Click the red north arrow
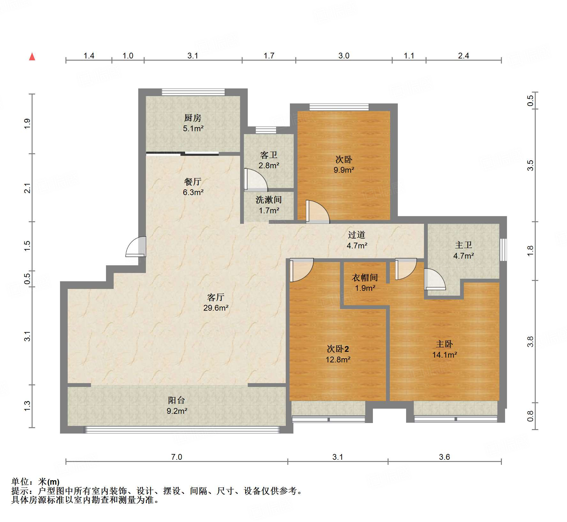pos(32,57)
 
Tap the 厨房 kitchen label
pos(193,118)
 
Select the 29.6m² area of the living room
pos(216,308)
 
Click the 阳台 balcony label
pos(177,400)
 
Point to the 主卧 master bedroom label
pos(444,344)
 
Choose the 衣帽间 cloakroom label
pos(365,278)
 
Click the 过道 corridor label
pos(357,235)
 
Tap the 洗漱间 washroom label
pos(269,200)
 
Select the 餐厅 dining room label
pos(193,182)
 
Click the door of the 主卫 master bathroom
pos(435,279)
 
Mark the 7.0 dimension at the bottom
pos(177,457)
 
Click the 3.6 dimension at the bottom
pos(444,457)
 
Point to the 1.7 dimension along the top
pos(269,56)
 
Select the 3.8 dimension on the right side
pos(530,342)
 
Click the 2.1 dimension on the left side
pos(27,188)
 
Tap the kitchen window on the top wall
pos(193,92)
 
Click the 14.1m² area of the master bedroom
pos(444,355)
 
